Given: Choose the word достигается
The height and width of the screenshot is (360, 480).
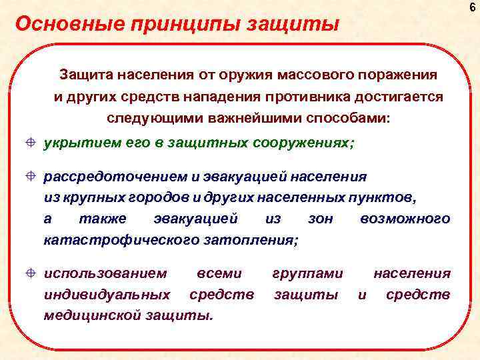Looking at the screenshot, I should coord(403,96).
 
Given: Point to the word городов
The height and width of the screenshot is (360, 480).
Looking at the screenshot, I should coord(155,197).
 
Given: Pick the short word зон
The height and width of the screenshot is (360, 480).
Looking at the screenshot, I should coord(321,219).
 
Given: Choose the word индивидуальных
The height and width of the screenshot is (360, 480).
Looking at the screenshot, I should coord(106,295).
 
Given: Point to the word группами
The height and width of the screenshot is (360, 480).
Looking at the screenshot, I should coord(308,273).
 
